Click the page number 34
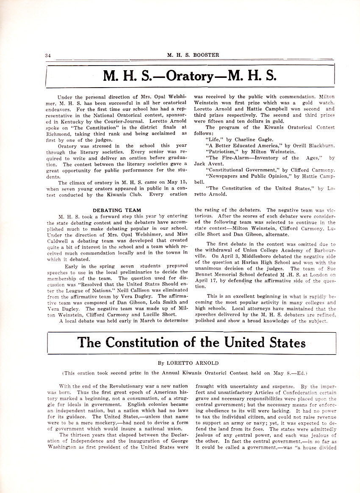pos(48,55)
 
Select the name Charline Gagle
pos(246,139)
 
